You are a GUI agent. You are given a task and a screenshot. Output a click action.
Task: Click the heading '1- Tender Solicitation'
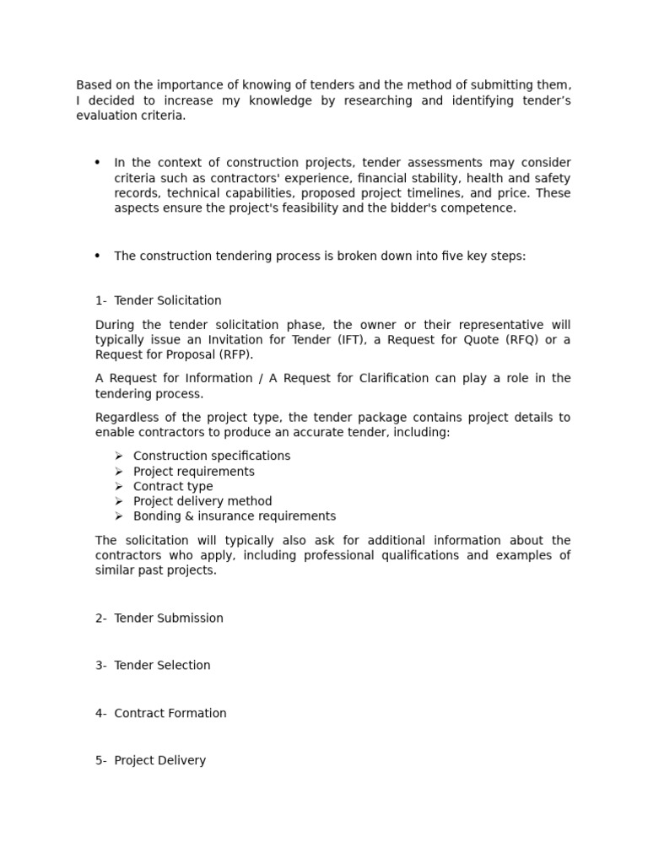pyautogui.click(x=159, y=300)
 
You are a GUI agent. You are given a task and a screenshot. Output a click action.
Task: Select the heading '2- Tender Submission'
pyautogui.click(x=159, y=618)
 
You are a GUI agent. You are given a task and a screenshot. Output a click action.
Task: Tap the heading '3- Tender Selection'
pyautogui.click(x=153, y=666)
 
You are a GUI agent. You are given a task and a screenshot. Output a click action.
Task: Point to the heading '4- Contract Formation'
pyautogui.click(x=161, y=714)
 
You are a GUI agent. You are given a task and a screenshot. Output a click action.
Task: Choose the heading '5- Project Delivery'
pyautogui.click(x=150, y=761)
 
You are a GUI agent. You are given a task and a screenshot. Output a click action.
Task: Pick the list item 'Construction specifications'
pyautogui.click(x=212, y=456)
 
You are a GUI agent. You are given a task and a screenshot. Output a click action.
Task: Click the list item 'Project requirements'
pyautogui.click(x=194, y=472)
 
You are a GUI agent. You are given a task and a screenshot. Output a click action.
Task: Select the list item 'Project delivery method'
pyautogui.click(x=202, y=502)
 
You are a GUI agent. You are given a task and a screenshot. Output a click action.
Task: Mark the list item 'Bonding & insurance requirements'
pyautogui.click(x=235, y=516)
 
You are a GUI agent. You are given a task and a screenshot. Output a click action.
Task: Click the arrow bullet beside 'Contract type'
pyautogui.click(x=119, y=487)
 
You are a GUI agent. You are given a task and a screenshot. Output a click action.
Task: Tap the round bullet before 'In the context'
pyautogui.click(x=98, y=162)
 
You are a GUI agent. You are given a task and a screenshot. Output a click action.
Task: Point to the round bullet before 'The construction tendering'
pyautogui.click(x=98, y=256)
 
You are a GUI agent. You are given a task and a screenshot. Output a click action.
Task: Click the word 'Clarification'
pyautogui.click(x=395, y=379)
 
